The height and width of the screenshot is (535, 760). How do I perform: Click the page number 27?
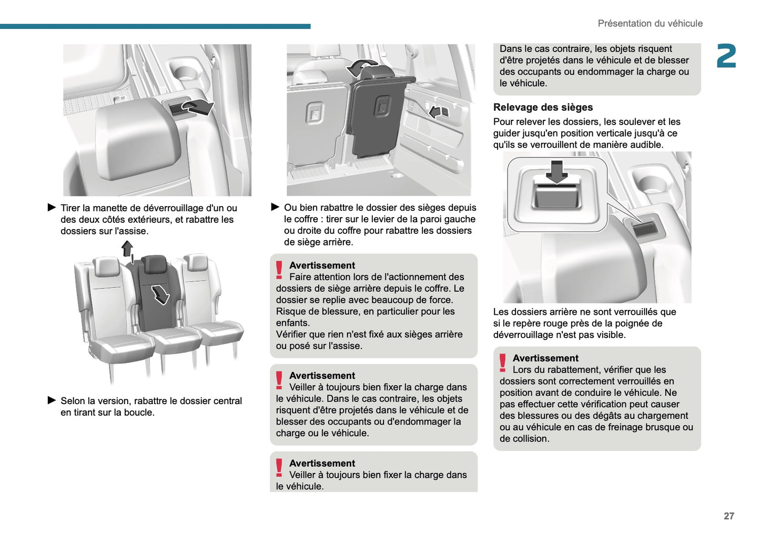point(728,516)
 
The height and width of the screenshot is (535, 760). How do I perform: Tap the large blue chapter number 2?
point(726,56)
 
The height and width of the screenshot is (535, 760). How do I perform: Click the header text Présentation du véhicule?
point(650,24)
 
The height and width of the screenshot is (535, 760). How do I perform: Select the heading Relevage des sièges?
point(543,107)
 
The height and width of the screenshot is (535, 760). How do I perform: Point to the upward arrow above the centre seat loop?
point(127,248)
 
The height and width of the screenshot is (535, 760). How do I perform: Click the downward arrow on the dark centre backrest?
point(160,294)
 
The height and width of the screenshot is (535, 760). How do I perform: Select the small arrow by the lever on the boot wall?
point(435,111)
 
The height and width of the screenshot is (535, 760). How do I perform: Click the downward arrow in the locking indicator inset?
point(556,171)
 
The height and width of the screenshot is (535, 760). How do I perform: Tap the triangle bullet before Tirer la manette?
point(52,208)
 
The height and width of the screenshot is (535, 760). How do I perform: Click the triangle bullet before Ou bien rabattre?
point(275,207)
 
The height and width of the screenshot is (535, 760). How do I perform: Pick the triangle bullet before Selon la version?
point(52,400)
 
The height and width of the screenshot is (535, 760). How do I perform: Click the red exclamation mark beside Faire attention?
point(279,270)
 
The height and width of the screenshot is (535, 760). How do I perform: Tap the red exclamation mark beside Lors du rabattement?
point(503,363)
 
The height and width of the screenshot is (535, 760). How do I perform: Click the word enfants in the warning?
point(292,323)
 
